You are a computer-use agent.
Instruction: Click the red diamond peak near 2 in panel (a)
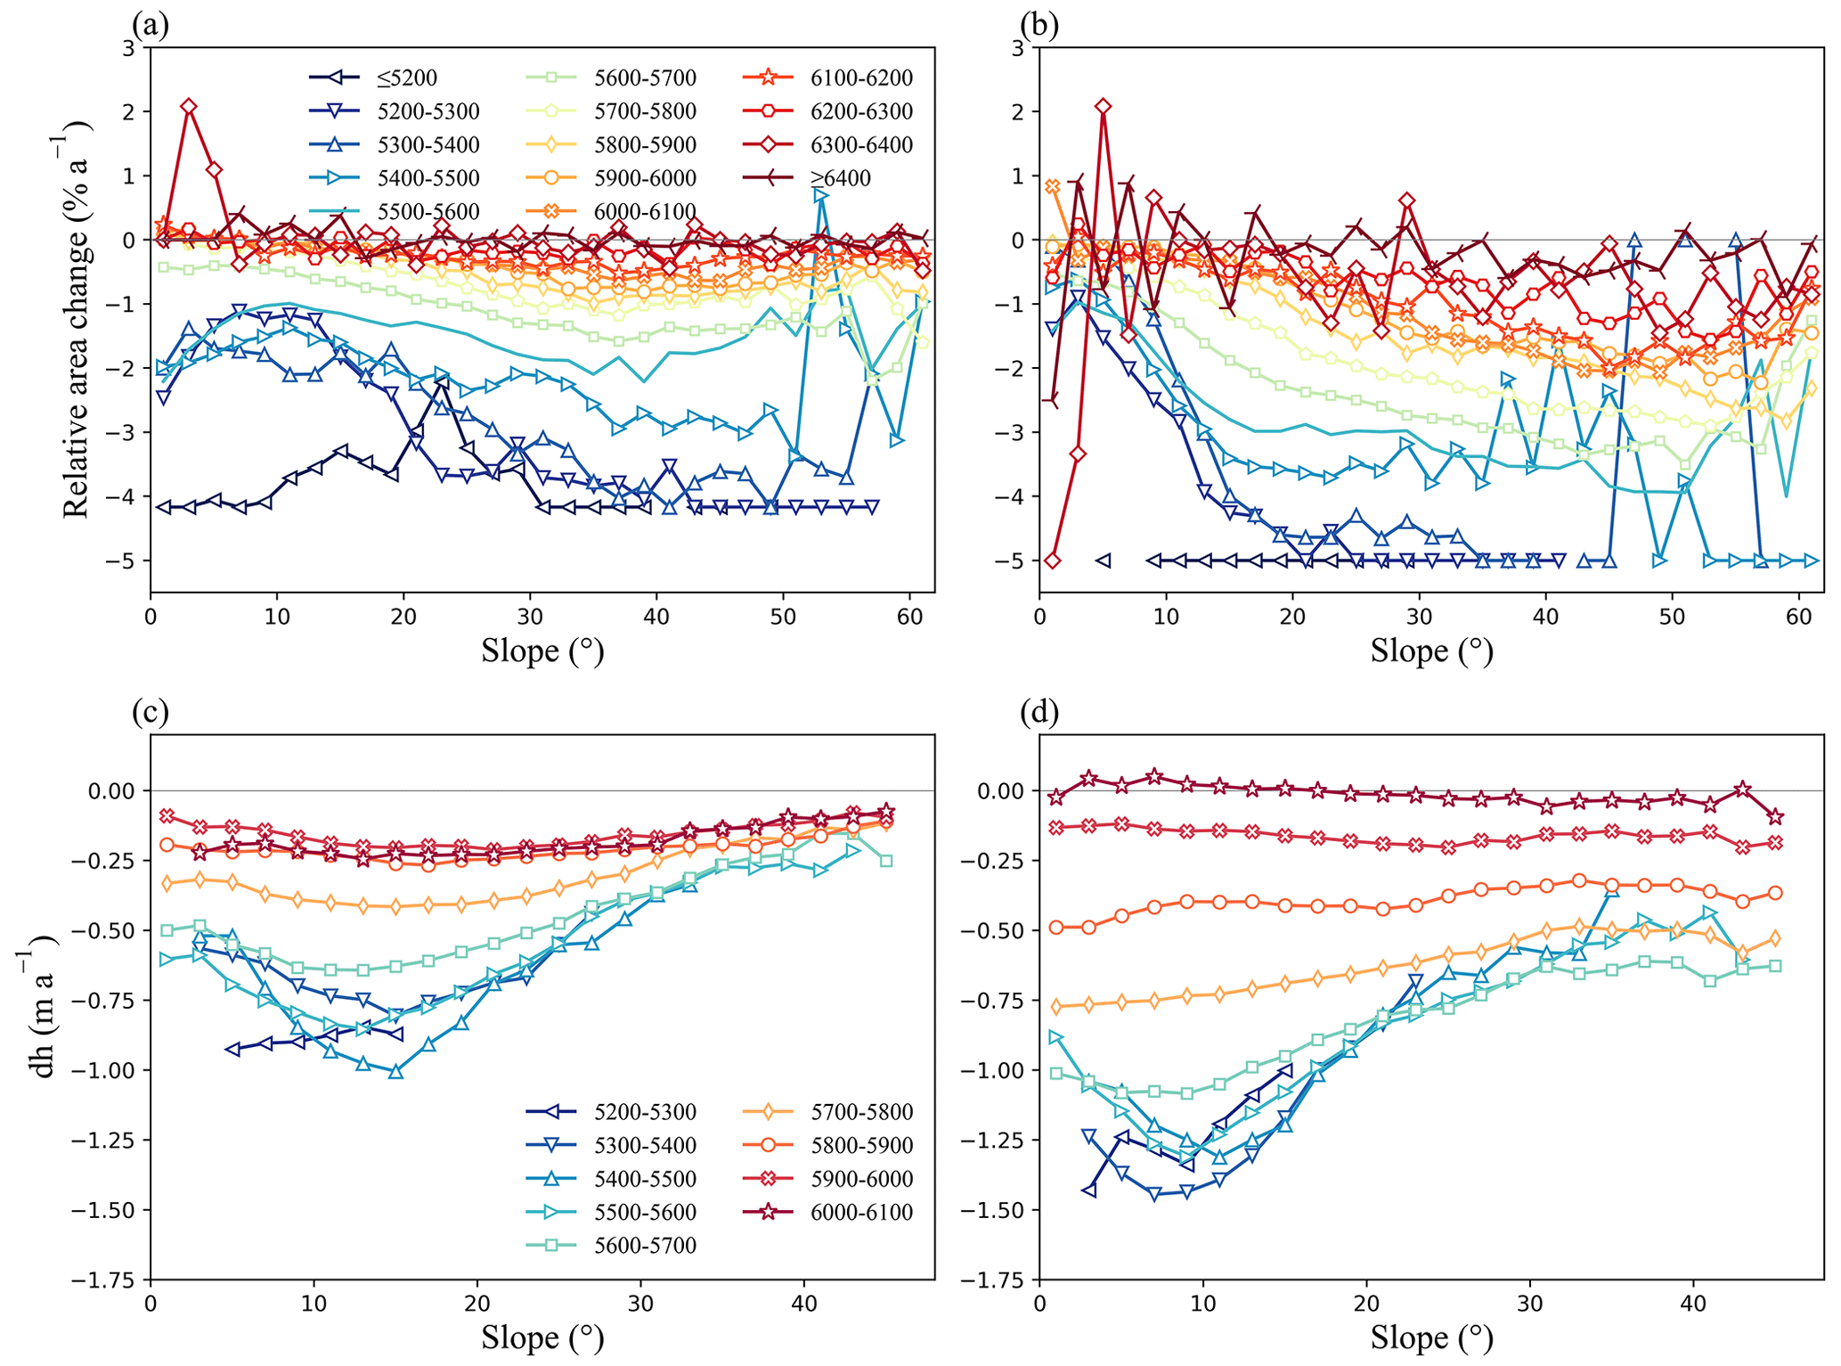point(189,106)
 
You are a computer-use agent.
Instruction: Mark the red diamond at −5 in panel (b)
point(1053,560)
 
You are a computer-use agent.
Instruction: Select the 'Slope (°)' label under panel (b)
point(1431,651)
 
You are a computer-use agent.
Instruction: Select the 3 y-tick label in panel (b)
point(1018,48)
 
